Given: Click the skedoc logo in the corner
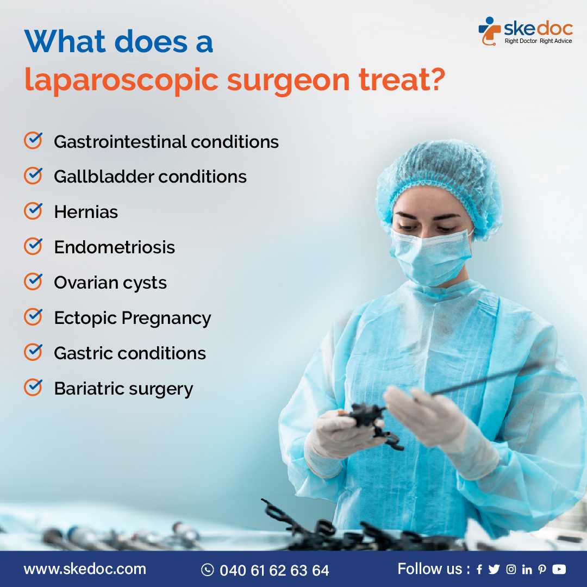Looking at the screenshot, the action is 525,31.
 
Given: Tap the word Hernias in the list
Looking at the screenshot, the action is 86,212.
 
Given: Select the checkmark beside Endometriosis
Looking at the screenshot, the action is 33,247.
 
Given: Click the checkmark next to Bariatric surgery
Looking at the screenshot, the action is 33,388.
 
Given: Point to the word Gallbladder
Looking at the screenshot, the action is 103,177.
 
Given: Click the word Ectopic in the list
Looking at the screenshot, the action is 85,318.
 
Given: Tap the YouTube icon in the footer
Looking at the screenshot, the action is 559,569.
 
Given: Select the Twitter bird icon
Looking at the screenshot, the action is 494,570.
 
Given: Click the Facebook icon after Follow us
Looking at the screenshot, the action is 479,570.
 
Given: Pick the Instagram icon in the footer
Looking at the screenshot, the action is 511,570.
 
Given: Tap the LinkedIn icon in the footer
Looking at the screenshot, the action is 527,570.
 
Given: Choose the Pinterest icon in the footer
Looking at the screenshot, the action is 542,570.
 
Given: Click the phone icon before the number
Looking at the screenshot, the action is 208,570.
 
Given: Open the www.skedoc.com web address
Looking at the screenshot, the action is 85,569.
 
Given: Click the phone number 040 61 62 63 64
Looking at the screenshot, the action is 274,570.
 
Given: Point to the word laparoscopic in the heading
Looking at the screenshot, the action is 121,80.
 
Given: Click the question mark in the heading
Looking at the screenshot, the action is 435,79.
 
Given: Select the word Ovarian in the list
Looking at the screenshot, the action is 86,282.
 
